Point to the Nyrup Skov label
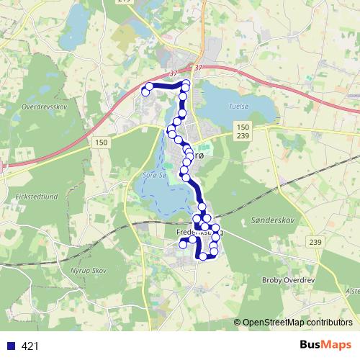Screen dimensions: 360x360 pyautogui.click(x=91, y=270)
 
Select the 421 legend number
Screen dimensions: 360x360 pyautogui.click(x=30, y=346)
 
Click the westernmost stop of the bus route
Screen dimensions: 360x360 pyautogui.click(x=145, y=91)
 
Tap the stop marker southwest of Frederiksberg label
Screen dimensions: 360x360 pyautogui.click(x=183, y=245)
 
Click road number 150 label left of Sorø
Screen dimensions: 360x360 pyautogui.click(x=101, y=143)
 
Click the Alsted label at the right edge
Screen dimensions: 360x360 pyautogui.click(x=353, y=290)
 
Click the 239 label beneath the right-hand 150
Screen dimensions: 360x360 pyautogui.click(x=243, y=136)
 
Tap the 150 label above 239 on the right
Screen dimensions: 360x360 pyautogui.click(x=243, y=127)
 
